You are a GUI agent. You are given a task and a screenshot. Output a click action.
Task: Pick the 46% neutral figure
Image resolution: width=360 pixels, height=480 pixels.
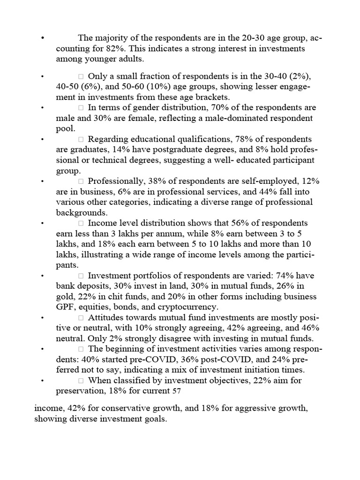[x=306, y=328]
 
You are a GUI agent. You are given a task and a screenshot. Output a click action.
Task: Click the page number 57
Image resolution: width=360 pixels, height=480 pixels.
[x=177, y=390]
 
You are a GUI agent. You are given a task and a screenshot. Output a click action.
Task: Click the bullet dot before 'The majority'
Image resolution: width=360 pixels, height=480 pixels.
[x=43, y=38]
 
